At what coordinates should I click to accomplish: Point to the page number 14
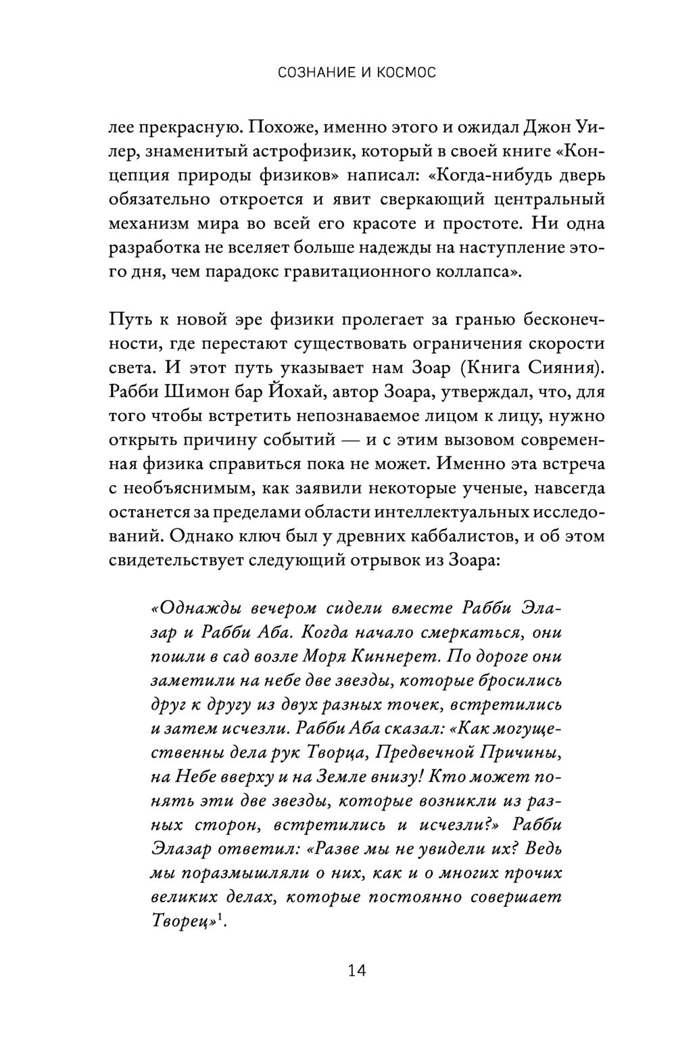click(x=356, y=971)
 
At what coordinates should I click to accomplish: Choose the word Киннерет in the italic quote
click(x=420, y=656)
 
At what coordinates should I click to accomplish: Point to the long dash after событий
click(x=358, y=441)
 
